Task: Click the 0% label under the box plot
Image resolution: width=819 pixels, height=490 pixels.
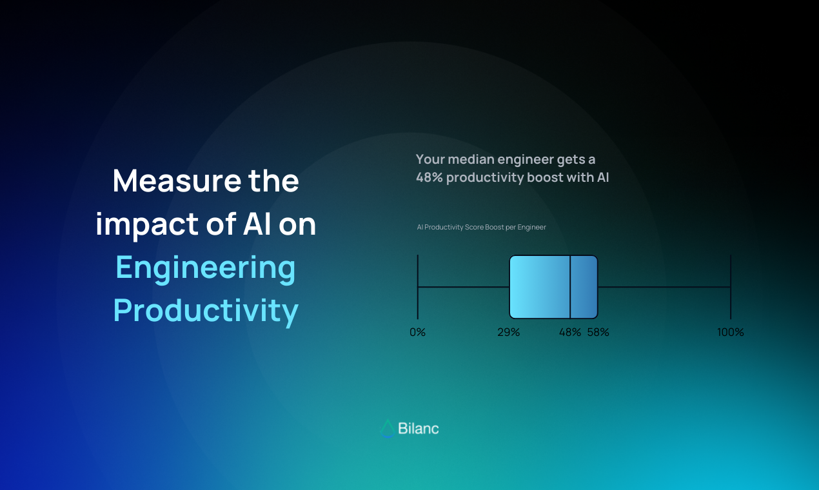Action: click(417, 332)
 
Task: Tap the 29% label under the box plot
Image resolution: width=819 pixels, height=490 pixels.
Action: click(509, 332)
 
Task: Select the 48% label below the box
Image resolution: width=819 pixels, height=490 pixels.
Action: click(570, 332)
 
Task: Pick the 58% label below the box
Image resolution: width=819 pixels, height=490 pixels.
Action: click(598, 332)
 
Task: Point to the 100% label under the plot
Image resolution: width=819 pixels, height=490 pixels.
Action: click(731, 332)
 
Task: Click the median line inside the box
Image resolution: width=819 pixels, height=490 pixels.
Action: click(570, 287)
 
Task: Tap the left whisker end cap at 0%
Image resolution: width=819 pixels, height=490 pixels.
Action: click(418, 287)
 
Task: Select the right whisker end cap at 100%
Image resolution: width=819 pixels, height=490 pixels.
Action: click(731, 287)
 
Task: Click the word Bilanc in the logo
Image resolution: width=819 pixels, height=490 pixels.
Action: click(419, 428)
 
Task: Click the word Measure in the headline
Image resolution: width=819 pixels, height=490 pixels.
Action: click(177, 181)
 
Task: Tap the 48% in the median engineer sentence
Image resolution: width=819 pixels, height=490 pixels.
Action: click(429, 177)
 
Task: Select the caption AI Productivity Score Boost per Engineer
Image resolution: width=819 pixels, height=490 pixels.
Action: click(482, 227)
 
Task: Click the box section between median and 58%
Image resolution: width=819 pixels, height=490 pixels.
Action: click(584, 287)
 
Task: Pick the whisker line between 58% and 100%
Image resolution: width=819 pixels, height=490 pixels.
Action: click(664, 287)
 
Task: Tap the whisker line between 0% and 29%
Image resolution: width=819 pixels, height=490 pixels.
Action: click(464, 287)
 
